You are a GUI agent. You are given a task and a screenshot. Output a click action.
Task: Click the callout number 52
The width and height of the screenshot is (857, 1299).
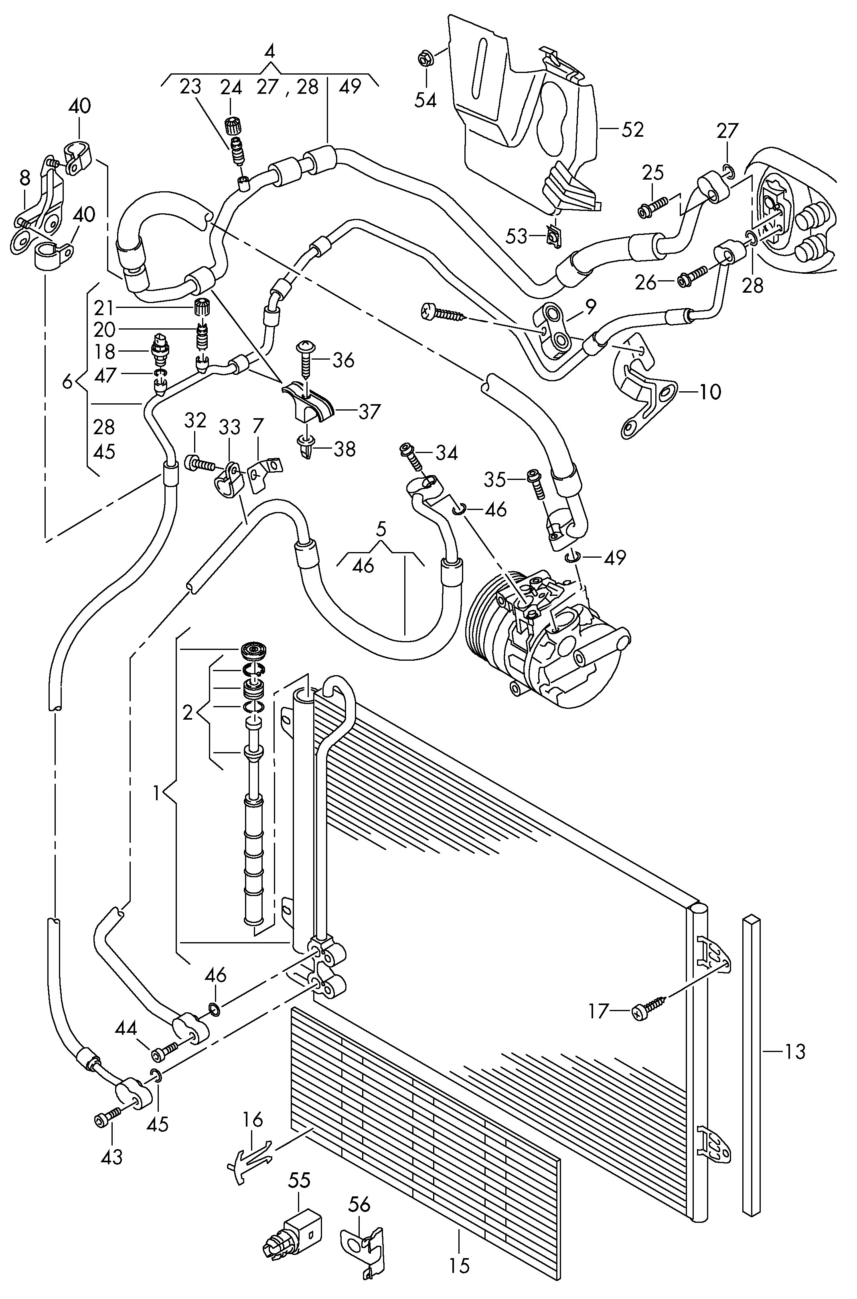coord(633,129)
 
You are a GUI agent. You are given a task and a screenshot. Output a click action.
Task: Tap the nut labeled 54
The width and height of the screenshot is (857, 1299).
coord(425,57)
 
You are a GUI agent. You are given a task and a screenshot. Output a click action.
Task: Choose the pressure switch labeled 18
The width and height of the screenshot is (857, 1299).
coord(160,348)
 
